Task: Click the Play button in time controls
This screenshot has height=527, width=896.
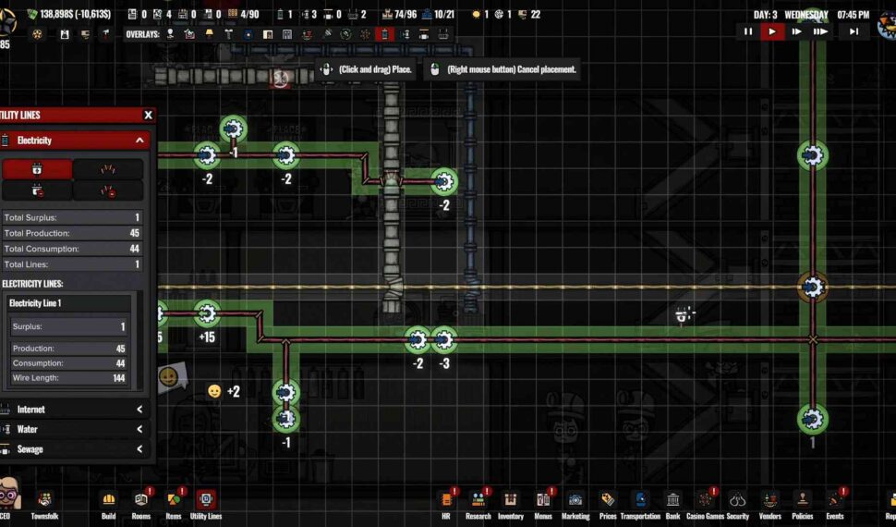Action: (x=771, y=31)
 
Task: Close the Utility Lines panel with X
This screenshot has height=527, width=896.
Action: (x=148, y=116)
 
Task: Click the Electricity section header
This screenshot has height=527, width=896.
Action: (x=74, y=141)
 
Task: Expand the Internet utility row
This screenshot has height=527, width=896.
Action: (x=74, y=409)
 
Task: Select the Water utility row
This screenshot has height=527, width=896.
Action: (x=74, y=429)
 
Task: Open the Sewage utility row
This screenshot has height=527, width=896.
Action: (x=74, y=449)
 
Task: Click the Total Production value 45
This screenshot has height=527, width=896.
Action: (x=134, y=233)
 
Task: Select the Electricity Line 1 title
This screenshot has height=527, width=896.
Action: (x=35, y=303)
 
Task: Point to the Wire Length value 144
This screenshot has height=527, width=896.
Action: (x=119, y=378)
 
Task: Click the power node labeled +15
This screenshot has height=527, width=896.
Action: (x=207, y=313)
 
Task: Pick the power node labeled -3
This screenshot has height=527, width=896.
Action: (x=444, y=341)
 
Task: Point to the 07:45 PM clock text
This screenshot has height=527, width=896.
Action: (x=853, y=15)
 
